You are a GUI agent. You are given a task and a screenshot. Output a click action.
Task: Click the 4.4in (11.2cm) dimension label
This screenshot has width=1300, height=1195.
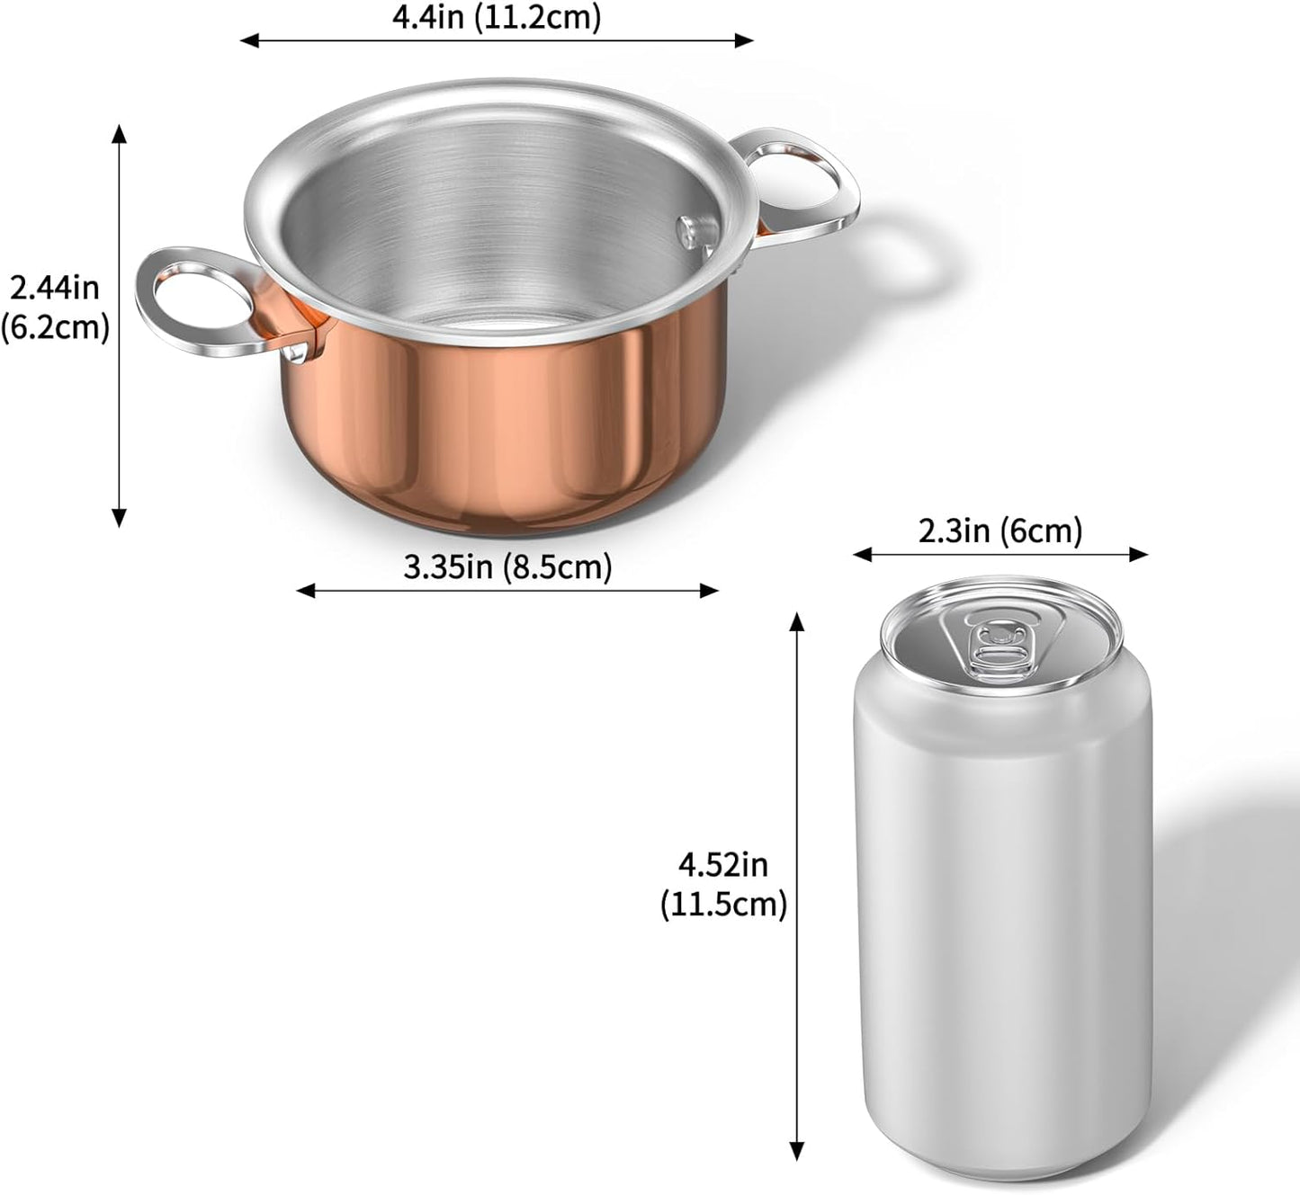point(496,17)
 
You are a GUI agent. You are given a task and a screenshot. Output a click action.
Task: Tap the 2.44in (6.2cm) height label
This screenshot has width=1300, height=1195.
point(54,308)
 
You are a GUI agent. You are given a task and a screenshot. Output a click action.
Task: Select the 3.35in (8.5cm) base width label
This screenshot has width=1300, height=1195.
point(507,567)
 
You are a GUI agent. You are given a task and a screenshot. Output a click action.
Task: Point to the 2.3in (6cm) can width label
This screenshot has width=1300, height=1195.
point(1000,531)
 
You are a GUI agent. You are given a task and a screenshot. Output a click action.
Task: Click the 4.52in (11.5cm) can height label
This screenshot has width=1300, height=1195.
point(723,885)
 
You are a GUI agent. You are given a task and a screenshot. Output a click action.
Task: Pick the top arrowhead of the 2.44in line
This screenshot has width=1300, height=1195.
point(119,132)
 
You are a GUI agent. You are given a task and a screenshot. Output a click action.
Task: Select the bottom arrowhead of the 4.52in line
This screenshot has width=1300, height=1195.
point(796,1151)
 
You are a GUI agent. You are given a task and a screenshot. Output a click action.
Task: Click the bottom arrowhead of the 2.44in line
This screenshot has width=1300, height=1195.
point(119,519)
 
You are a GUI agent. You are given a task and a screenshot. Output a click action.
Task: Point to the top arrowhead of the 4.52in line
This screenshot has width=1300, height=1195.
point(796,620)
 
